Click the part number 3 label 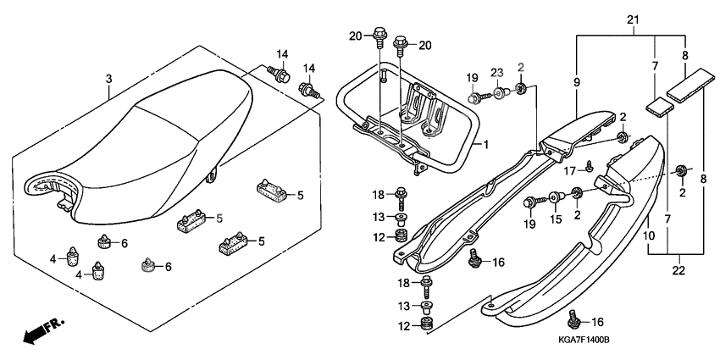pos(108,79)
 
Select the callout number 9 pos(576,83)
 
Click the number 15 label pos(556,220)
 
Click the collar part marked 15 pos(556,198)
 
